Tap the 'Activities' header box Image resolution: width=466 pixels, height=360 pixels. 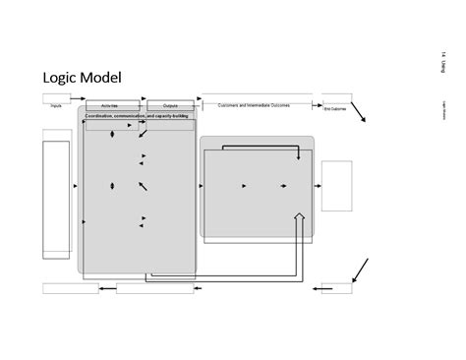(113, 103)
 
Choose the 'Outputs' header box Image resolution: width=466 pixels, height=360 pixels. (169, 103)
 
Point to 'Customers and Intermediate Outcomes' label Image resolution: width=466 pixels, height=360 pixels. (254, 103)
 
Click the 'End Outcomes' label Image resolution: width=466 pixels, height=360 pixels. (335, 109)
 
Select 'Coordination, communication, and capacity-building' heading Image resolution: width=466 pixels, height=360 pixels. (139, 115)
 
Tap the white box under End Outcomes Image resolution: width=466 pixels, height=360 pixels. (336, 184)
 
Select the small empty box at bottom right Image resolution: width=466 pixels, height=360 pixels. (338, 288)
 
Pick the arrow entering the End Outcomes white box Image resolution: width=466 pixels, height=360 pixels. (317, 185)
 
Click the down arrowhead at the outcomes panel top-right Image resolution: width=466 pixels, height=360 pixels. (299, 157)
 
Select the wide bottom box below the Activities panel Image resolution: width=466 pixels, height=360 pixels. (155, 288)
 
